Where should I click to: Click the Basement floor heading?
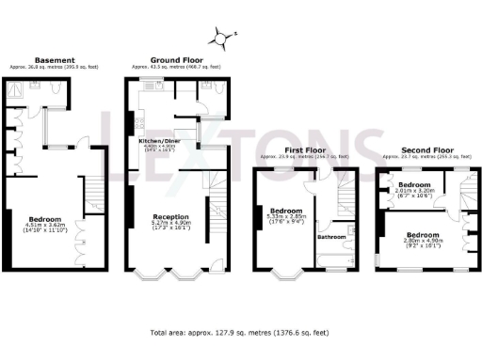click(48, 59)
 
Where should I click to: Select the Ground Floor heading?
click(175, 59)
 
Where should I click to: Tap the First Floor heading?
click(304, 150)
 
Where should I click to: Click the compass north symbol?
click(222, 39)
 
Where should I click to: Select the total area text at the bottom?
click(241, 332)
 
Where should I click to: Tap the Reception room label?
click(170, 215)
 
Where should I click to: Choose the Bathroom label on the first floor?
click(332, 236)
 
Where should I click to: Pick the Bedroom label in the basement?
click(44, 216)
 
